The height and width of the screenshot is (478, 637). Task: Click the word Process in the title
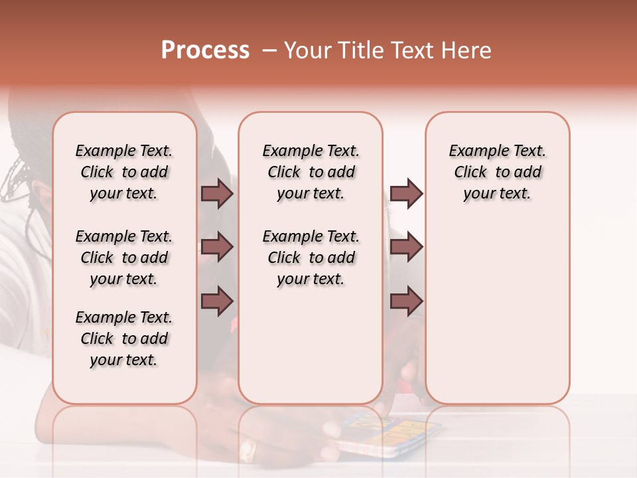tap(205, 50)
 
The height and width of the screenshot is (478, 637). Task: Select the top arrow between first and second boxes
tap(217, 193)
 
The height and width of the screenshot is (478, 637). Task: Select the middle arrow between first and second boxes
tap(217, 247)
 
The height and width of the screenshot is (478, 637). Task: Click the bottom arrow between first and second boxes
tap(217, 301)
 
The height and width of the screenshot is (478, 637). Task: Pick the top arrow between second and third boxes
tap(406, 193)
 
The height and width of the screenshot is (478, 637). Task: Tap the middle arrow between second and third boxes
tap(406, 247)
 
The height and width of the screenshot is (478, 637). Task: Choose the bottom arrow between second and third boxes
tap(406, 301)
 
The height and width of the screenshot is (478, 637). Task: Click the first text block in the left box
tap(124, 172)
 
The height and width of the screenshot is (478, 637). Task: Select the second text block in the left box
tap(124, 258)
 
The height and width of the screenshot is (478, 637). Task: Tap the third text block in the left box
tap(124, 339)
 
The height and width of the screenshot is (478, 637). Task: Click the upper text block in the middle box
tap(311, 172)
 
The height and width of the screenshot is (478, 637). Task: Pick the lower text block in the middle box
tap(311, 258)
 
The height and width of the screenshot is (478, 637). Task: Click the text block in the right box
tap(497, 172)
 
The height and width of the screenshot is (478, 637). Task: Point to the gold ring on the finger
tap(248, 449)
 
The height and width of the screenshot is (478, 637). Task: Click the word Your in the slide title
tap(306, 50)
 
